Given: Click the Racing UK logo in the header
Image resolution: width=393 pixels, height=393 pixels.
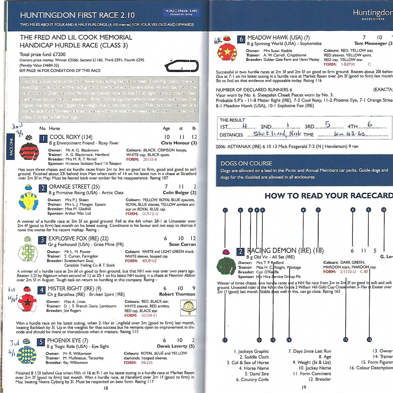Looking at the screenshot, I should [x=181, y=12].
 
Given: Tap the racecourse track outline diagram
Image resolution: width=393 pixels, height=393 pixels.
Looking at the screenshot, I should [x=182, y=66].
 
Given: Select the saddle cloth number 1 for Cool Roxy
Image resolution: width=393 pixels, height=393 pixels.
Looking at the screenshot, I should [x=43, y=138].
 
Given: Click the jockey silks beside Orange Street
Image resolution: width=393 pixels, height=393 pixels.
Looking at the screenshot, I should [x=28, y=201].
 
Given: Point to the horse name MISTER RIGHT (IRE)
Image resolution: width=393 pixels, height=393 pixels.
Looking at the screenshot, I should [x=74, y=288].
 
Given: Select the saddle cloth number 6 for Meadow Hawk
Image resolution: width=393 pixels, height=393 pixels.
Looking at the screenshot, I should [x=241, y=39].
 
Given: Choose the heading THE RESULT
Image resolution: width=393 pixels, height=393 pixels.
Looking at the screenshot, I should [x=232, y=120].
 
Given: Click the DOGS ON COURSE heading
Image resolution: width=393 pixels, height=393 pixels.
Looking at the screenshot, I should [x=246, y=163].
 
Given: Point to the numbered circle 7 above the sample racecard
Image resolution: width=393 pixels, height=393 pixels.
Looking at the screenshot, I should [x=318, y=210].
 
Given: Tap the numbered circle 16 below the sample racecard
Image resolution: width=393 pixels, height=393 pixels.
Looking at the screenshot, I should [x=369, y=340].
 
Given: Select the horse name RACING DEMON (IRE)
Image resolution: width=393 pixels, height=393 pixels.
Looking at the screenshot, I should [x=285, y=250].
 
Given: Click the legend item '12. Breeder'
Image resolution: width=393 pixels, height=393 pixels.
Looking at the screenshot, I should [x=319, y=379].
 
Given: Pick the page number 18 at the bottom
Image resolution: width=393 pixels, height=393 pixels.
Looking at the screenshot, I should [x=106, y=388].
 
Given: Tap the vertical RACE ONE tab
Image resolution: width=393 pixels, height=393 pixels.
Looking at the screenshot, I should [x=11, y=147].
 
